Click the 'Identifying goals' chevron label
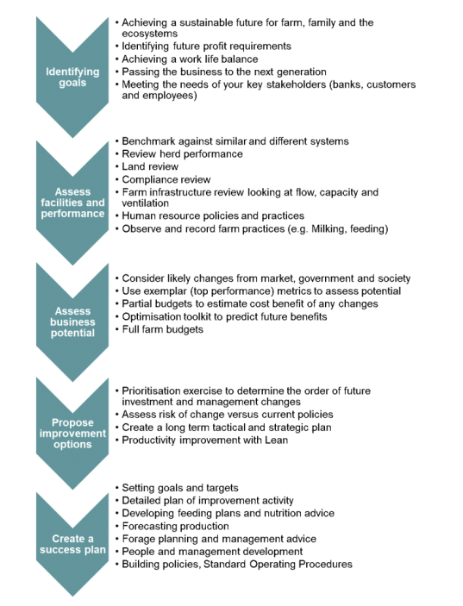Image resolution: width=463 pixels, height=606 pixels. tap(72, 77)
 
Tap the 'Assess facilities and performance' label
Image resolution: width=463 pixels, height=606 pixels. tap(72, 203)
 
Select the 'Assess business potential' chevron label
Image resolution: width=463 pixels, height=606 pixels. tap(72, 322)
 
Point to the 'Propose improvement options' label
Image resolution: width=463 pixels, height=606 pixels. tap(72, 434)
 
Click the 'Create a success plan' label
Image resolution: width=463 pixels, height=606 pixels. tap(72, 544)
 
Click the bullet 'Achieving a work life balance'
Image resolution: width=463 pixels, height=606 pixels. tap(190, 59)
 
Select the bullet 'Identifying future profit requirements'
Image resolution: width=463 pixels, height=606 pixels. tap(206, 47)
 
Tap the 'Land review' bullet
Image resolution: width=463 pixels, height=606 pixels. tap(150, 166)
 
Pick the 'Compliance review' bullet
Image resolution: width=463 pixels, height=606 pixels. tap(166, 179)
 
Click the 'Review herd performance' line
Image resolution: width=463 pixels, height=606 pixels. tap(183, 153)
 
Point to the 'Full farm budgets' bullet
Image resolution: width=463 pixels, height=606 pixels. tap(162, 329)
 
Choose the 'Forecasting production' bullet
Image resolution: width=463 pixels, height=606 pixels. tap(176, 526)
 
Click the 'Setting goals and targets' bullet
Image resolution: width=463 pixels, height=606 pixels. tap(180, 488)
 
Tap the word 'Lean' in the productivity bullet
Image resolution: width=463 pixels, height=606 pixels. tap(276, 440)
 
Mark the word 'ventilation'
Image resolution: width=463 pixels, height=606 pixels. tap(146, 203)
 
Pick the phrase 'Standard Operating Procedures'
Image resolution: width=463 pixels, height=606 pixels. tap(278, 565)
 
